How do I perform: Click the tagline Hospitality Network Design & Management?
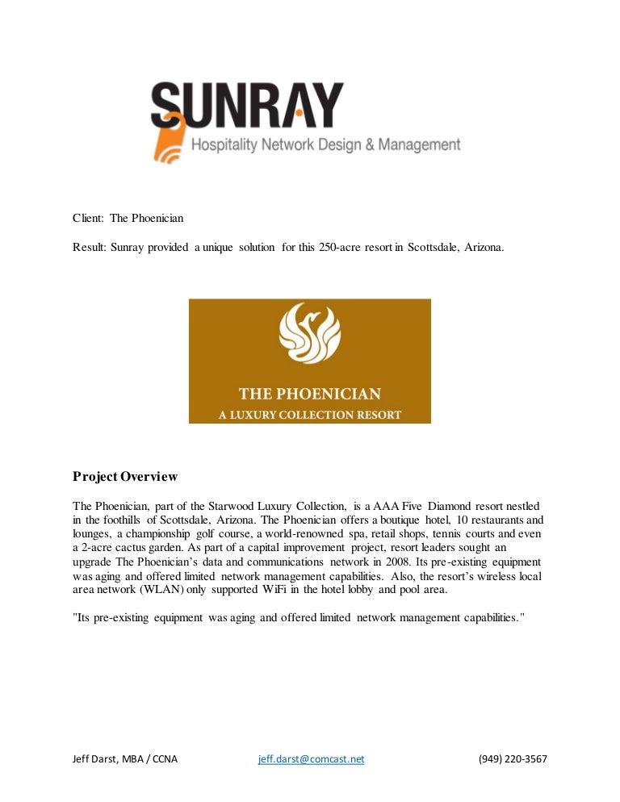(325, 146)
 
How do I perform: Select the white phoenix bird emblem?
(309, 334)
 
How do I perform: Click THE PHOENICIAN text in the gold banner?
(309, 395)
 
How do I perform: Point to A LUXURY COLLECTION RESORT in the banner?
(309, 415)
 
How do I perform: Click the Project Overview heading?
(124, 477)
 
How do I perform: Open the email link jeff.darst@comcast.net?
(311, 759)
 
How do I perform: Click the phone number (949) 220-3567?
(513, 759)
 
